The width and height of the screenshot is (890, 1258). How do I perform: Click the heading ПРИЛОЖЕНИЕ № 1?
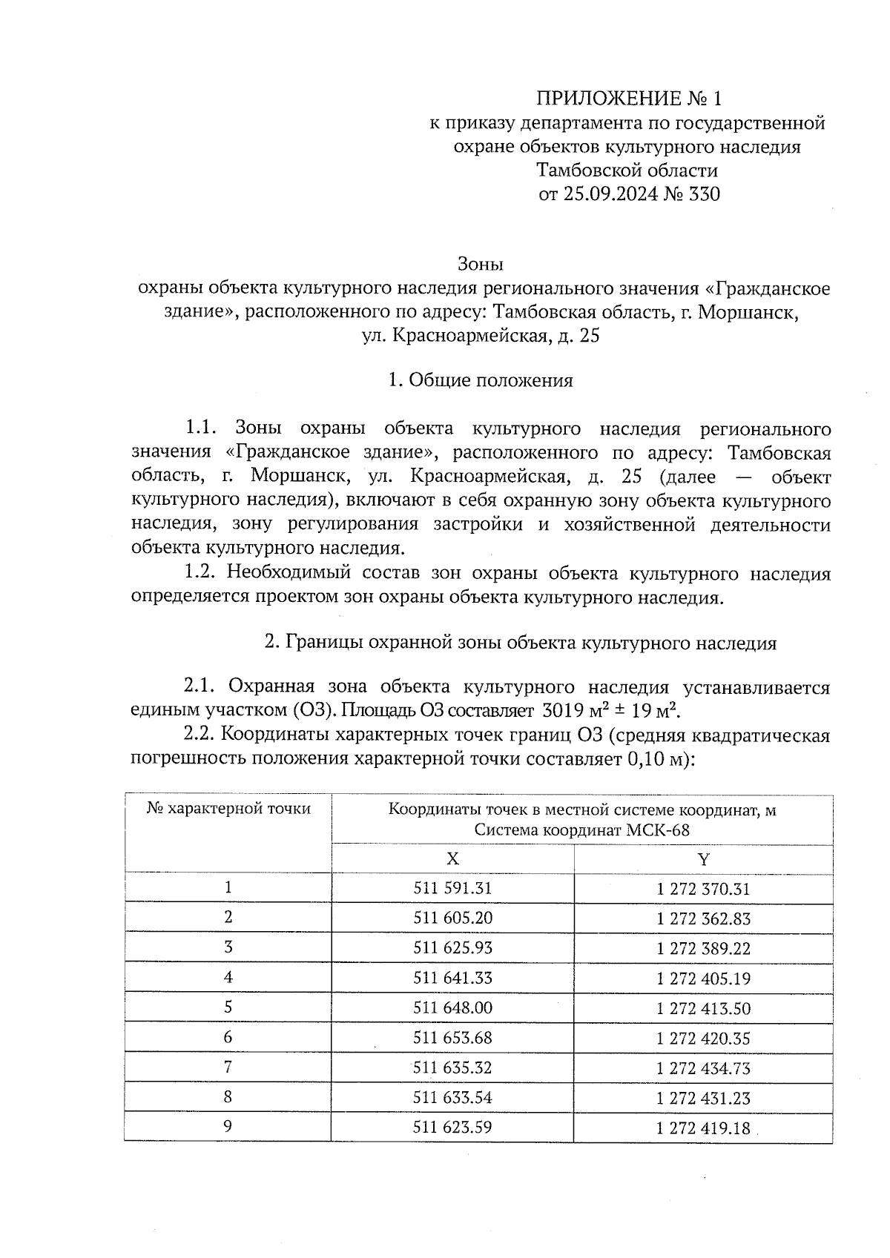pos(628,99)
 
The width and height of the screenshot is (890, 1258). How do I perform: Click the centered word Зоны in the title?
pos(481,264)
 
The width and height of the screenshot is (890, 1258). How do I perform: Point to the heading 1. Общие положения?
pos(481,380)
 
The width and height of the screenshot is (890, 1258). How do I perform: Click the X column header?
pos(452,859)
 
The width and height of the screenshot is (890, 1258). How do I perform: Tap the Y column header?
pos(703,859)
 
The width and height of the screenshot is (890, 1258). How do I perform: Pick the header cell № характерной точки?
pos(228,809)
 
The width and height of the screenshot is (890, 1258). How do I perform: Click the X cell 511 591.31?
pos(452,888)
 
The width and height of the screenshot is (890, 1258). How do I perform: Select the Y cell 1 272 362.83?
pos(703,918)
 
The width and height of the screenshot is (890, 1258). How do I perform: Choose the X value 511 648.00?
pos(452,1008)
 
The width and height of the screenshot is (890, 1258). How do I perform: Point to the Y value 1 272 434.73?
pos(703,1068)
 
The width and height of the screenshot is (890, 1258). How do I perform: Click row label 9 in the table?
pos(228,1127)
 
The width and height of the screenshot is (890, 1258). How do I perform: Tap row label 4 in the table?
pos(228,978)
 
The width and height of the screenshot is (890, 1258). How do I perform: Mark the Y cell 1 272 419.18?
pos(703,1128)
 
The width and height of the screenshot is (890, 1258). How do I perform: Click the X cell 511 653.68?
pos(452,1038)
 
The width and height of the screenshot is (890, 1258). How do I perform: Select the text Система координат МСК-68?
pos(582,830)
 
